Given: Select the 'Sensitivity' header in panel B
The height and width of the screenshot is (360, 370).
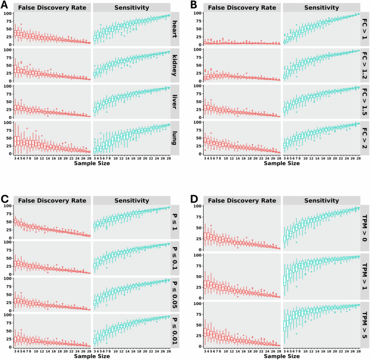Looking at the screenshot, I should click(x=321, y=8).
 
